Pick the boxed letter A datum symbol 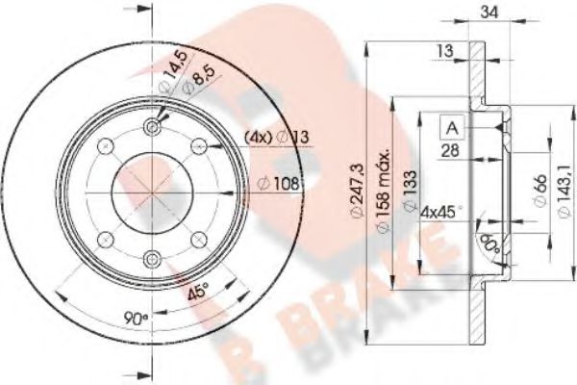(x=453, y=126)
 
